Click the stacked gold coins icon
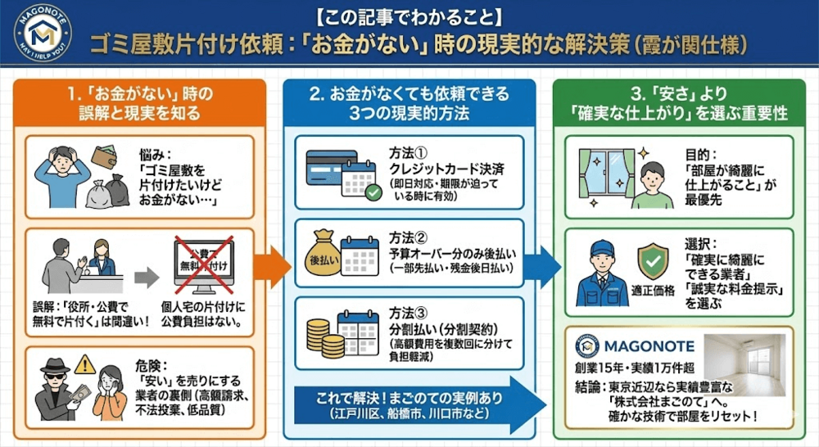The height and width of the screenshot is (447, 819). coord(320,335)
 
